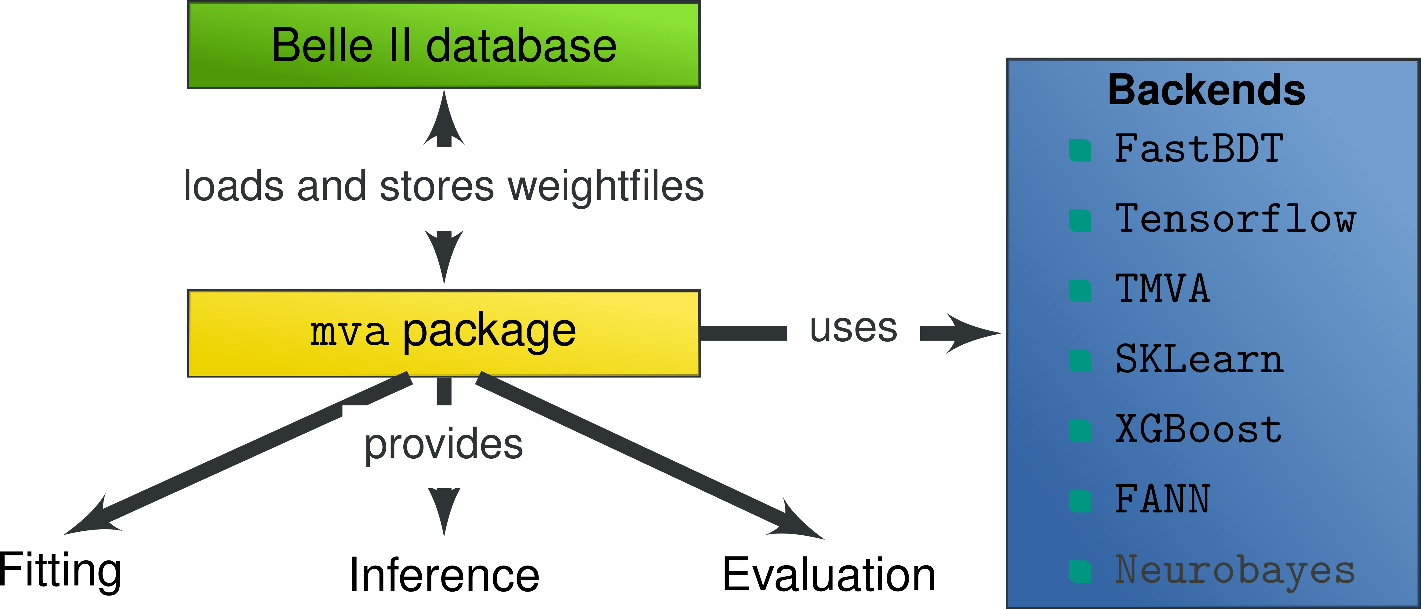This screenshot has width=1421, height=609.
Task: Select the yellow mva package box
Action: coord(444,333)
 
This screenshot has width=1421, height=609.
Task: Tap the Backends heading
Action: coord(1206,90)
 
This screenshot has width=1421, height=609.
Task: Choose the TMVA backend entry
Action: coord(1162,289)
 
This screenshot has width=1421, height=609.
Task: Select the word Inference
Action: coord(444,575)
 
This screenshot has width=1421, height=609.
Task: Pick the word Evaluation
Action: coord(829,575)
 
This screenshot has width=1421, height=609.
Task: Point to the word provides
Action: coord(444,445)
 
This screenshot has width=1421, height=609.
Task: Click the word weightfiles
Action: coord(606,187)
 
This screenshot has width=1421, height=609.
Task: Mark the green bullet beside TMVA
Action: coord(1080,290)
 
